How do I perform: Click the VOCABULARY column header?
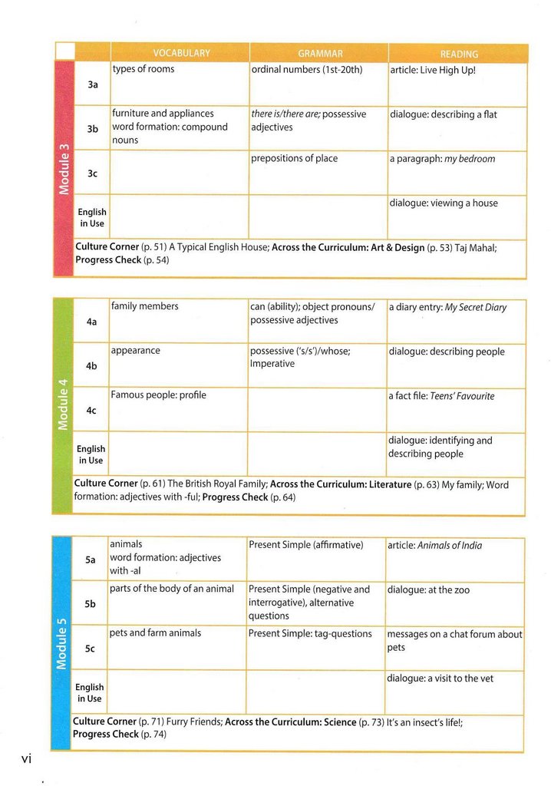click(x=181, y=53)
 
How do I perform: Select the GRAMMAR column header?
click(x=320, y=54)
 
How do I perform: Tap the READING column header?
click(x=459, y=54)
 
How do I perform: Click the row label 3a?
click(x=93, y=84)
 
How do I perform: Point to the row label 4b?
click(x=91, y=366)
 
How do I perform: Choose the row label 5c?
click(x=90, y=649)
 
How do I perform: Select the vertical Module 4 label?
click(x=63, y=405)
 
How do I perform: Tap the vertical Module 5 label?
click(x=61, y=642)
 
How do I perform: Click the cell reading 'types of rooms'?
click(x=144, y=69)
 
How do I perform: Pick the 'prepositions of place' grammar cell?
click(x=294, y=158)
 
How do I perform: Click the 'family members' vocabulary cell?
click(x=145, y=306)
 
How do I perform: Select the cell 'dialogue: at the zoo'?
click(x=428, y=590)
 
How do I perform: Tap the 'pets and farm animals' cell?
click(x=155, y=633)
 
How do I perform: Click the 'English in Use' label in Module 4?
click(x=91, y=454)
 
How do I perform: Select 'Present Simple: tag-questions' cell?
click(x=310, y=634)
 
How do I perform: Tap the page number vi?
click(x=25, y=758)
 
